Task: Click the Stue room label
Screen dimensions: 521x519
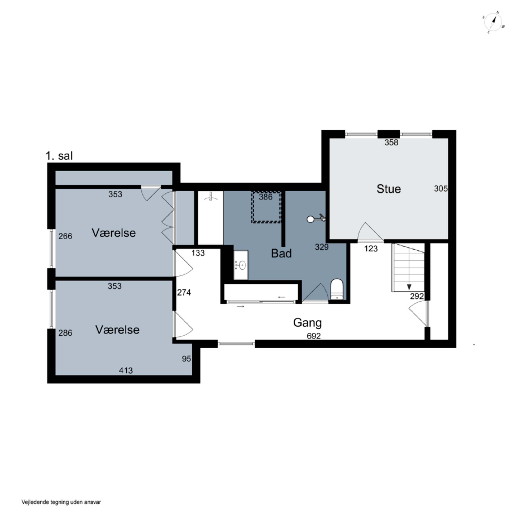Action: (x=389, y=189)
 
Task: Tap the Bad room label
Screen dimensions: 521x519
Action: (x=281, y=253)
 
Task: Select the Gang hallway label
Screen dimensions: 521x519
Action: (x=307, y=323)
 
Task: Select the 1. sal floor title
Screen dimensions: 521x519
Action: (x=59, y=156)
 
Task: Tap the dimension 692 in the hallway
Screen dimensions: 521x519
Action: (x=314, y=336)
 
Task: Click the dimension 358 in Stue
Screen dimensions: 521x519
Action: (x=391, y=142)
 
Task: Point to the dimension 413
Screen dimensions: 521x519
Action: (x=126, y=371)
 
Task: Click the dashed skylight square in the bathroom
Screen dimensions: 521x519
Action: (x=266, y=207)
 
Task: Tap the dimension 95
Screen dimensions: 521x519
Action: (x=186, y=359)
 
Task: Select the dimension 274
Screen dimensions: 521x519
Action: (x=184, y=292)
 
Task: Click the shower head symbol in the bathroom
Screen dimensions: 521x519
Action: (x=316, y=219)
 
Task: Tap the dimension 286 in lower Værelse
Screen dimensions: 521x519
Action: (x=65, y=333)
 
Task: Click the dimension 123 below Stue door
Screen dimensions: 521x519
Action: (x=371, y=249)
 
